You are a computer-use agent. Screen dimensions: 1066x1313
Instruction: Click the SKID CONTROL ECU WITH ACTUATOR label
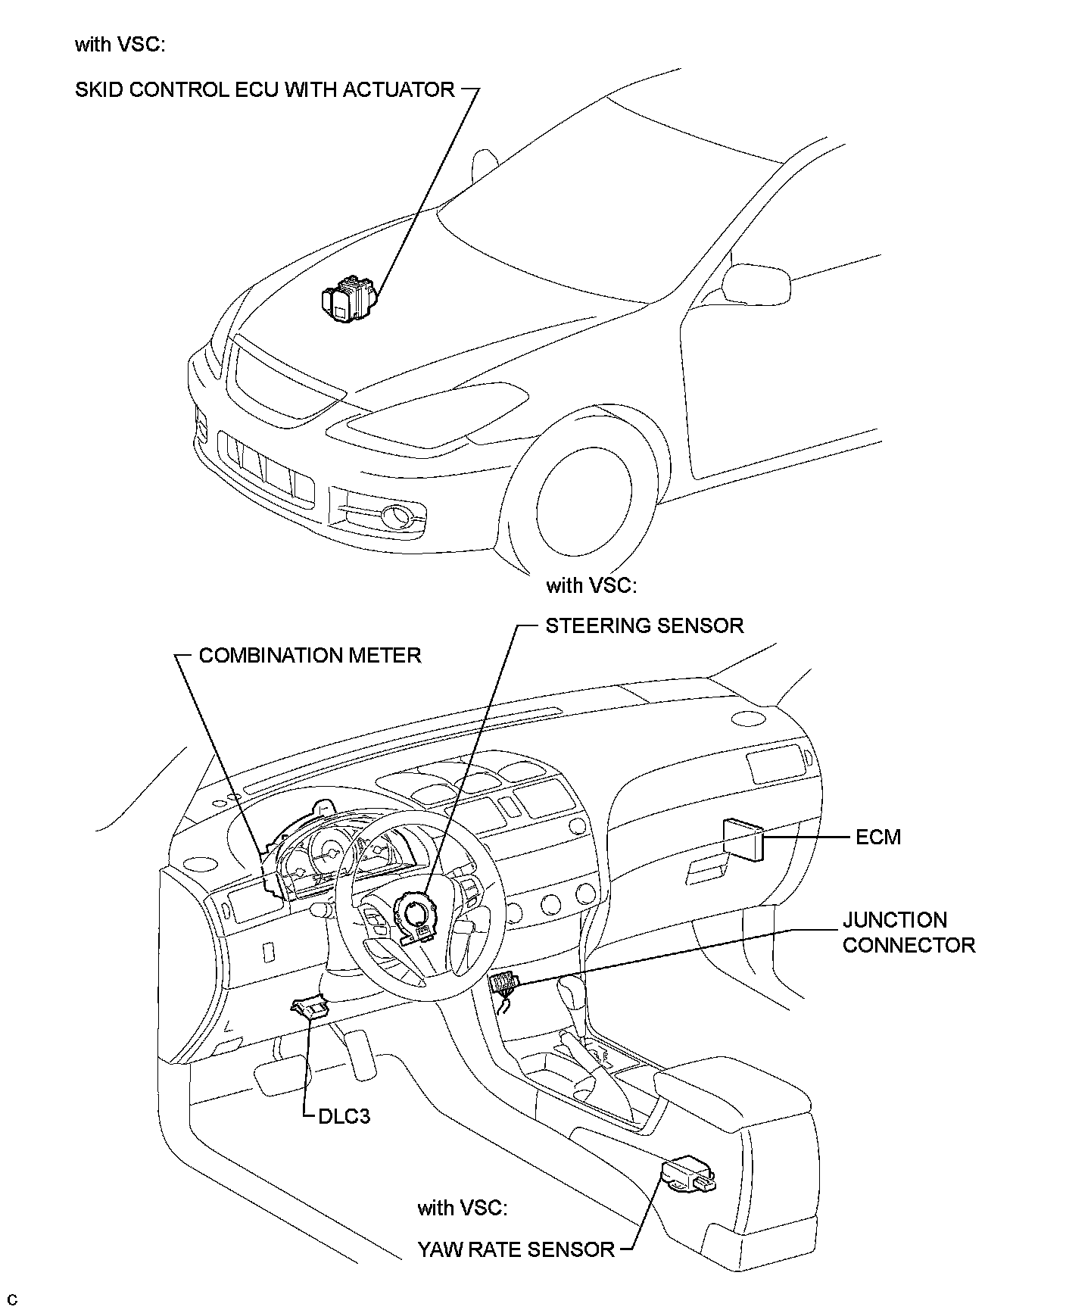pos(265,90)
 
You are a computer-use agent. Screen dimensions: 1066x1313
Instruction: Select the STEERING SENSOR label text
pos(645,625)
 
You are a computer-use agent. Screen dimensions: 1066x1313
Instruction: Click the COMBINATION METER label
pos(310,655)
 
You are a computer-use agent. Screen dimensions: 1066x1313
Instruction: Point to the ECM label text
pos(878,837)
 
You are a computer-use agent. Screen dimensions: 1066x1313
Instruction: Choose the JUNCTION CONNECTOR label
pos(909,933)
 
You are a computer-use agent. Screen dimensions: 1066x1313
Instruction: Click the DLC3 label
pos(344,1116)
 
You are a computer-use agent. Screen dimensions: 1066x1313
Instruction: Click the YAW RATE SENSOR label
pos(516,1249)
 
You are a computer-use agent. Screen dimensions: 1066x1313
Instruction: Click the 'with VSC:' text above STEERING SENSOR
pos(591,585)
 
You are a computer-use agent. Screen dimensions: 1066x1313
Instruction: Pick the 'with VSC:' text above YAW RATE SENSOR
pos(463,1208)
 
